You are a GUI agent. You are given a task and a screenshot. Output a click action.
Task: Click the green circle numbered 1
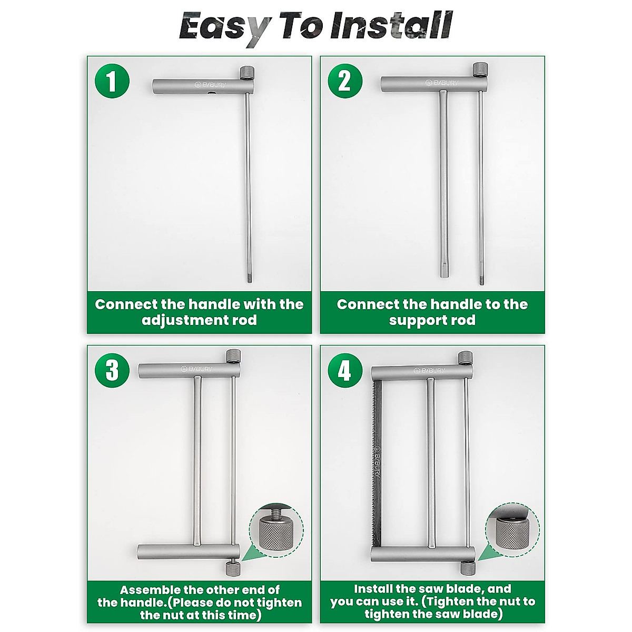[112, 81]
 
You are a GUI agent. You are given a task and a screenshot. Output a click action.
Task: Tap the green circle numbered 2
[345, 81]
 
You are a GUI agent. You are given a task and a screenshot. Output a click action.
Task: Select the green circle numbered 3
[112, 370]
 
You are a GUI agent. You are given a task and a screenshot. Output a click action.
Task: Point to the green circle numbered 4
[345, 370]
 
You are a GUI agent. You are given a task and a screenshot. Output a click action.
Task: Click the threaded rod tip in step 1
[249, 279]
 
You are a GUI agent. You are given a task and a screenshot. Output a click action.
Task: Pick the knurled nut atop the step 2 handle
[480, 70]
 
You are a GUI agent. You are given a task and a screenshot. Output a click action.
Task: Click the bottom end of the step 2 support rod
[445, 275]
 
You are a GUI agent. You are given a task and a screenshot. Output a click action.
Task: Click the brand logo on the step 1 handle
[210, 85]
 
